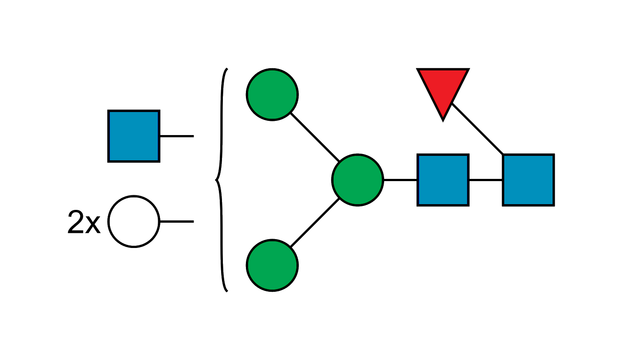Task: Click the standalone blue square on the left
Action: coord(133,136)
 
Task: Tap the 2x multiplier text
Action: coord(84,222)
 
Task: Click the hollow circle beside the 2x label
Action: coord(134,221)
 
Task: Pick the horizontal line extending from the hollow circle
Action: coord(177,221)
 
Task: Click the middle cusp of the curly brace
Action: coord(217,180)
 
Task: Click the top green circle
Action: coord(272,94)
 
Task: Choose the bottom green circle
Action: coord(272,265)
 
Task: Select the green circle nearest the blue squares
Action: coord(358,180)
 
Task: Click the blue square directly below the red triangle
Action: coord(443,180)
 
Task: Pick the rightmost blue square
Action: coord(528,180)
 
